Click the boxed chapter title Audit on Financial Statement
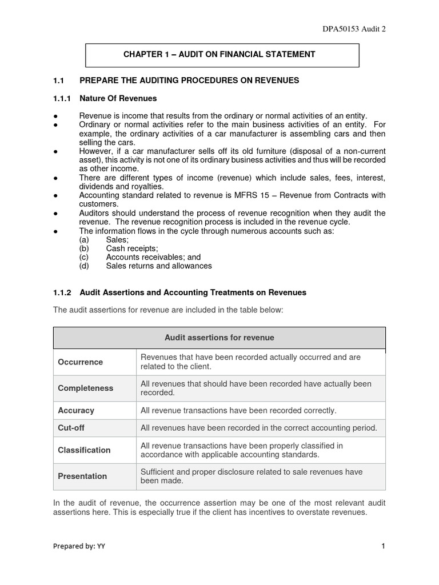click(219, 55)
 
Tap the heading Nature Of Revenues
click(118, 98)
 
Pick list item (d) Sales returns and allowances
click(158, 266)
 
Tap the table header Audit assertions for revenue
click(219, 338)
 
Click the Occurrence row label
click(81, 362)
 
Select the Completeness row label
click(86, 388)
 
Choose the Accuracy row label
click(76, 411)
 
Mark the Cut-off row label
click(71, 428)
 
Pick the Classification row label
click(84, 450)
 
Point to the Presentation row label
click(82, 476)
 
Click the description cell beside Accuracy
click(238, 411)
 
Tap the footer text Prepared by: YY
click(79, 546)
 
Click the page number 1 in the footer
click(383, 546)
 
